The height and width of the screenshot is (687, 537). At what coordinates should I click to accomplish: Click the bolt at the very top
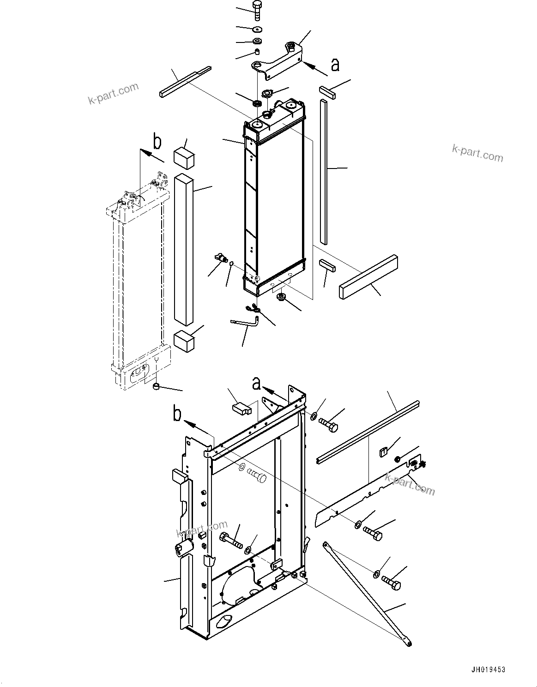tap(257, 10)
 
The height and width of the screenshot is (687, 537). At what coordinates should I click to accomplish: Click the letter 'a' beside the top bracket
tap(335, 65)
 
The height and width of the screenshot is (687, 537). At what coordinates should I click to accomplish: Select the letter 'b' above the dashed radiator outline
tap(157, 142)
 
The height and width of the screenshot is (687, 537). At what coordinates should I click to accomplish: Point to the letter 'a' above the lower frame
tap(257, 383)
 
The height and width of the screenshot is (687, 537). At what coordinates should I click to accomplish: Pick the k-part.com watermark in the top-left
tap(114, 94)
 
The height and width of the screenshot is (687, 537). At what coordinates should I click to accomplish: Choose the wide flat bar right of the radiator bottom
tap(369, 277)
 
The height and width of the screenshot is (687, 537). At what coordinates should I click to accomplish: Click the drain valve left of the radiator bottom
tap(221, 259)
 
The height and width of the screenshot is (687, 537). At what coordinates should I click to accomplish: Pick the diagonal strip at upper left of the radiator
tap(185, 82)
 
